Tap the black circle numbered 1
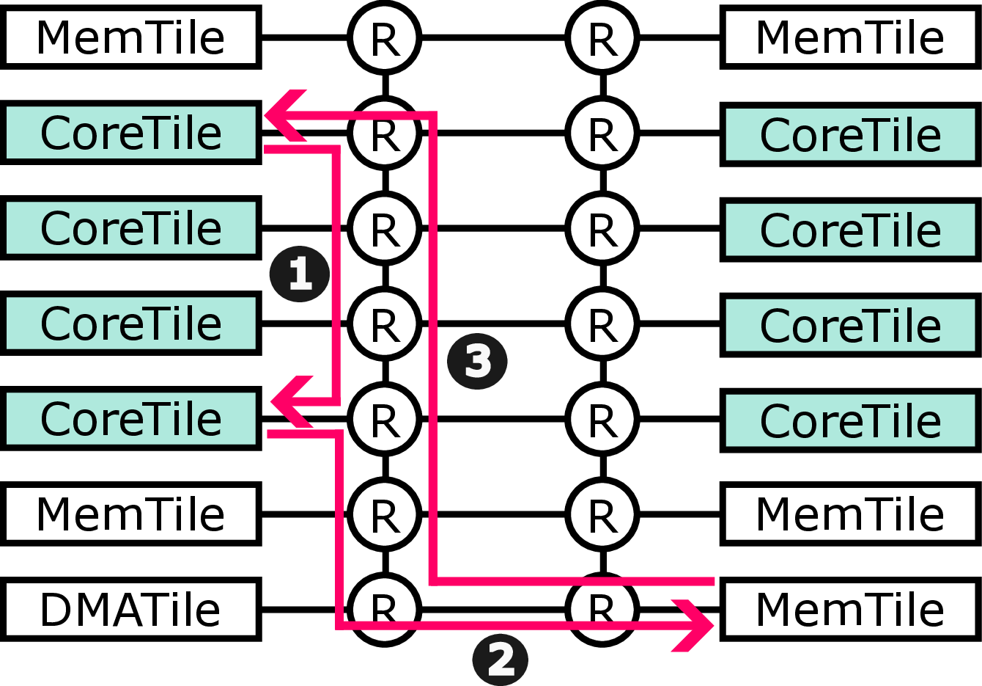pyautogui.click(x=300, y=274)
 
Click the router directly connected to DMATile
pyautogui.click(x=384, y=609)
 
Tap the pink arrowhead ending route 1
pyautogui.click(x=289, y=402)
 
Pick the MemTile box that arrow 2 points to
pyautogui.click(x=849, y=610)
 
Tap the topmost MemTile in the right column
pyautogui.click(x=849, y=37)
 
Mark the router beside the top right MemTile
pyautogui.click(x=602, y=37)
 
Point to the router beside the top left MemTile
pyautogui.click(x=384, y=37)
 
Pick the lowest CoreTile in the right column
pyautogui.click(x=849, y=420)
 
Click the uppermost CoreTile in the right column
pyautogui.click(x=849, y=134)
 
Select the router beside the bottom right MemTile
pyautogui.click(x=602, y=609)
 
